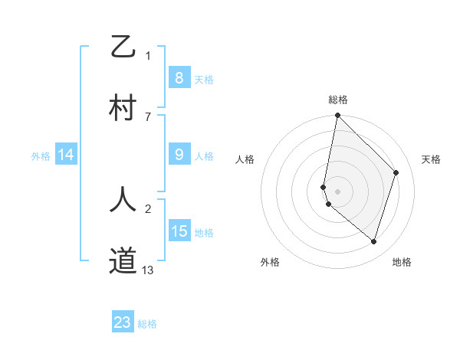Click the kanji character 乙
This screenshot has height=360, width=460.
pos(123,47)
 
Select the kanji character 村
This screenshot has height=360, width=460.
pos(123,108)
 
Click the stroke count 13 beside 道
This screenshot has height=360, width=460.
pos(148,270)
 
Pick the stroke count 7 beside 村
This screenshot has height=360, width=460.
pos(148,116)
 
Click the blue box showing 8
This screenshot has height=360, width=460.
pos(179,77)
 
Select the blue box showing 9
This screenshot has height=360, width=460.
pos(179,155)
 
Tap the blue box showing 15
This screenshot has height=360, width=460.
pos(179,231)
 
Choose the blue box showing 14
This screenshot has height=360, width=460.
pos(66,155)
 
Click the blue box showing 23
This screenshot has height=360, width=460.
pos(123,322)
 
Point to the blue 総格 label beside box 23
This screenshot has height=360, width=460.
pos(147,324)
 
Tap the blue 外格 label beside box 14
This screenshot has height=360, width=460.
pos(41,155)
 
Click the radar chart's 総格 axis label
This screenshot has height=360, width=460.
pos(337,100)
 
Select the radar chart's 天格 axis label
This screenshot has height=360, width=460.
pos(431,159)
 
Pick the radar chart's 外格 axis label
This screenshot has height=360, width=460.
pos(270,262)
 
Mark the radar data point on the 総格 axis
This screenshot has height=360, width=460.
pos(337,116)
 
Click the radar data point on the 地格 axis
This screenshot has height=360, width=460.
pos(373,242)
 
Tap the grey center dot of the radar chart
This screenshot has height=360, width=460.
pos(337,191)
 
